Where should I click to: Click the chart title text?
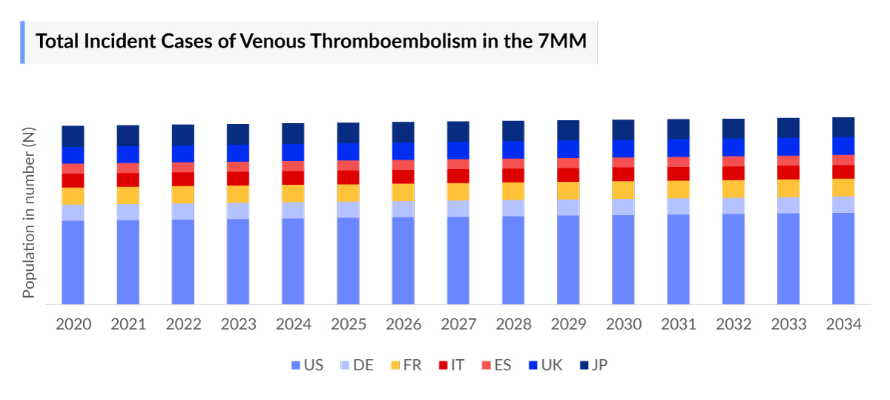(311, 42)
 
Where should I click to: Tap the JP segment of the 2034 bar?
(843, 127)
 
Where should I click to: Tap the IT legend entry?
(452, 365)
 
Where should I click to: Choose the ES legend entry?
(497, 365)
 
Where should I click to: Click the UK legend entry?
(545, 365)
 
